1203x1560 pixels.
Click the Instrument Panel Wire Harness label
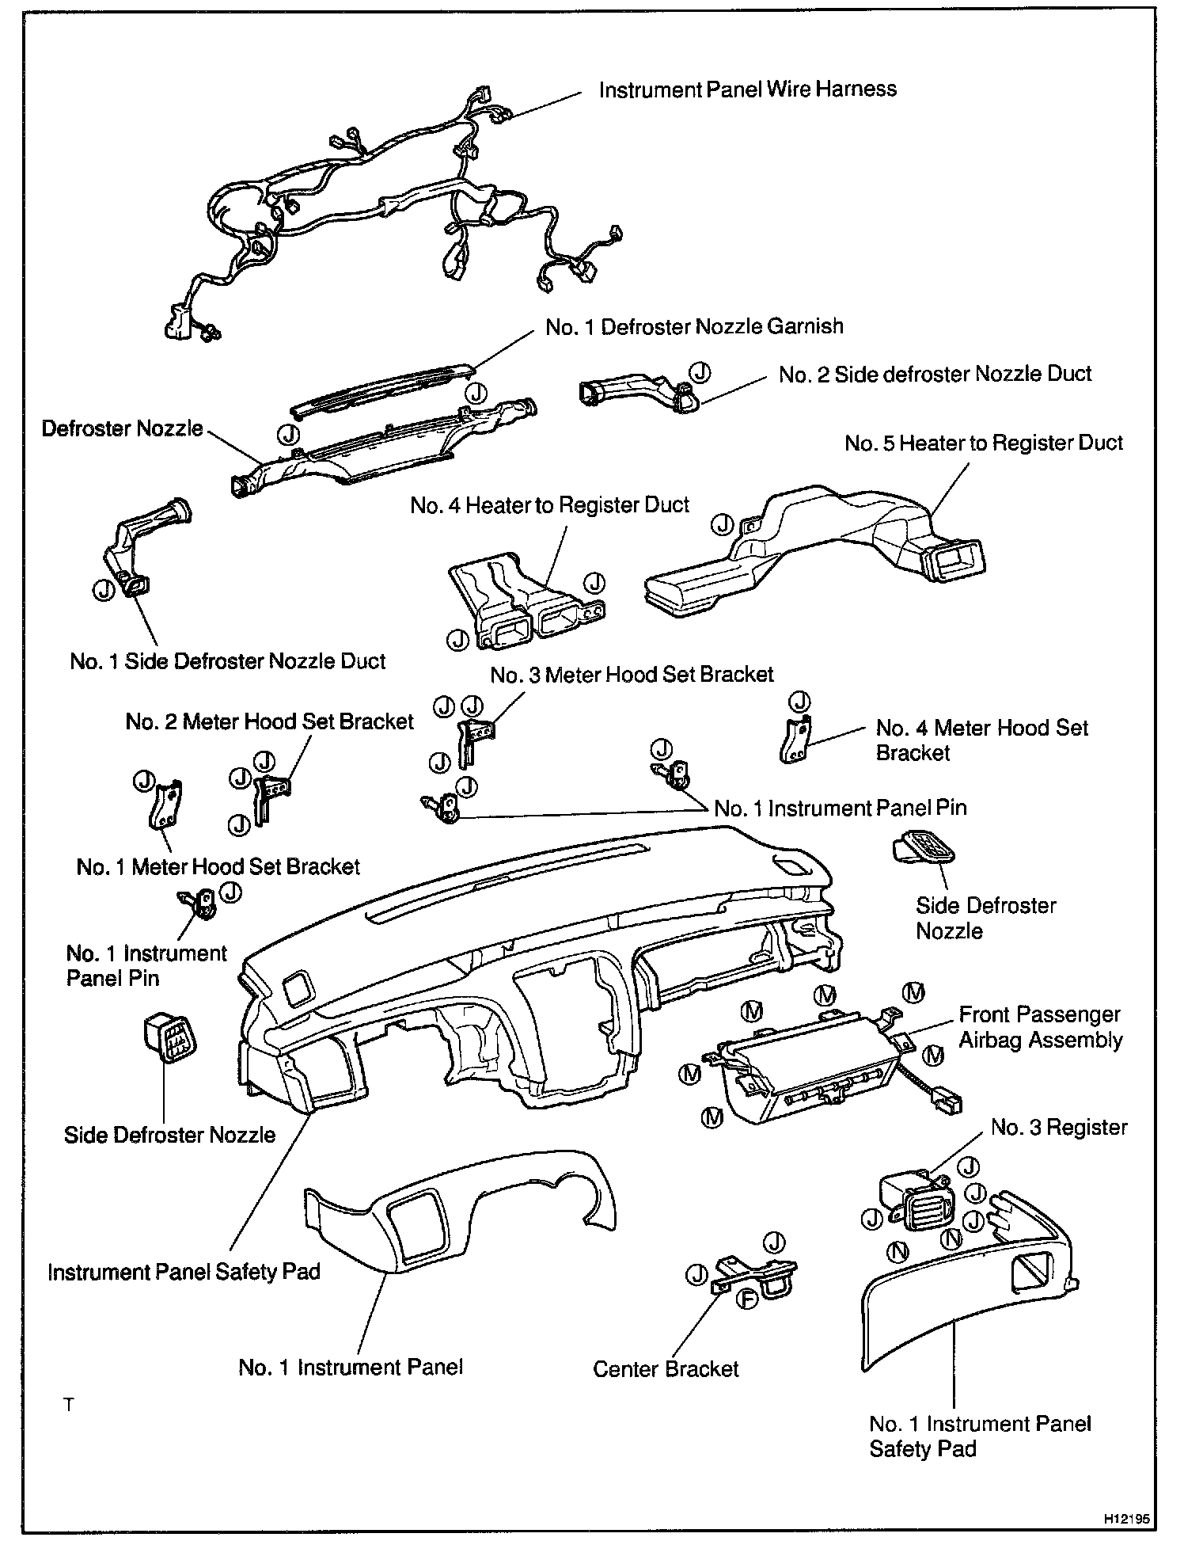[747, 89]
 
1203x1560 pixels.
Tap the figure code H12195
[1125, 1520]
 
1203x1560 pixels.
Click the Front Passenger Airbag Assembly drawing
[815, 1077]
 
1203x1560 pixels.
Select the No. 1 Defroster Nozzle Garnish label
[694, 327]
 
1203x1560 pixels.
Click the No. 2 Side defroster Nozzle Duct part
[633, 390]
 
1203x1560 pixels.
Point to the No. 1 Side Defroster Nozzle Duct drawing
[146, 546]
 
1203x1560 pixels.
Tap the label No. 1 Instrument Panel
[351, 1368]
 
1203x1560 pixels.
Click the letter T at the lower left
[69, 1406]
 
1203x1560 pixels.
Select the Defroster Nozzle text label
[123, 428]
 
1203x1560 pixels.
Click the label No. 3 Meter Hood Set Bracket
[632, 675]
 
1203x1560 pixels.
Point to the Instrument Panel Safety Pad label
[184, 1272]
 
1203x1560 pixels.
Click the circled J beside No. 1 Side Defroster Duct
[102, 590]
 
